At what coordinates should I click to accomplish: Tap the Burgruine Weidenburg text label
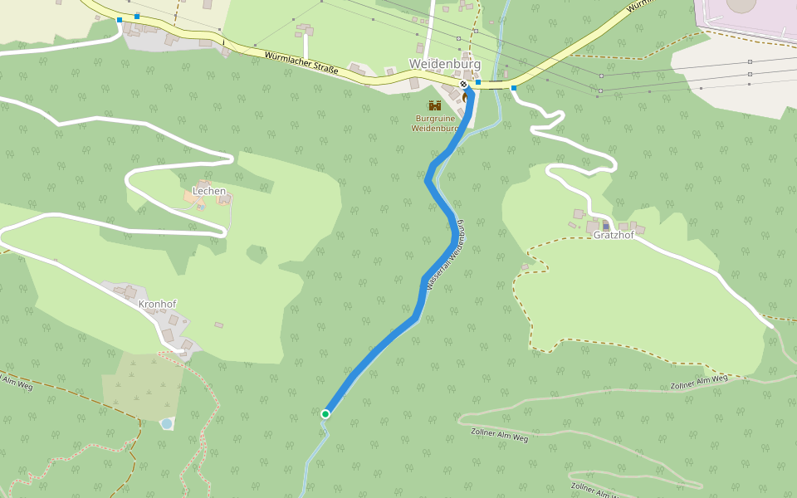click(x=435, y=124)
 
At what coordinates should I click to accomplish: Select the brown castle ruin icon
click(x=434, y=105)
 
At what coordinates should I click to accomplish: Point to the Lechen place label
click(x=209, y=191)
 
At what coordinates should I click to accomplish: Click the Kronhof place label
click(x=158, y=304)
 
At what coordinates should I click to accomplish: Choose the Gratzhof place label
click(x=614, y=235)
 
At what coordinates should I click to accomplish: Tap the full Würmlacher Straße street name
click(x=301, y=64)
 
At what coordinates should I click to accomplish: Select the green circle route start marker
click(x=325, y=413)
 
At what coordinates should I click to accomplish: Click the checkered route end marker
click(x=464, y=84)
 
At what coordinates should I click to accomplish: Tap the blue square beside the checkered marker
click(x=478, y=82)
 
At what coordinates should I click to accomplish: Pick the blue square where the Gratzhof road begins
click(x=514, y=87)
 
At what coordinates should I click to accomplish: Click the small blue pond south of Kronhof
click(x=166, y=423)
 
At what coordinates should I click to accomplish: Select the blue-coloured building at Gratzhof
click(x=606, y=226)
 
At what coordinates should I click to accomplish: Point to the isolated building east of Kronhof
click(x=218, y=325)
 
